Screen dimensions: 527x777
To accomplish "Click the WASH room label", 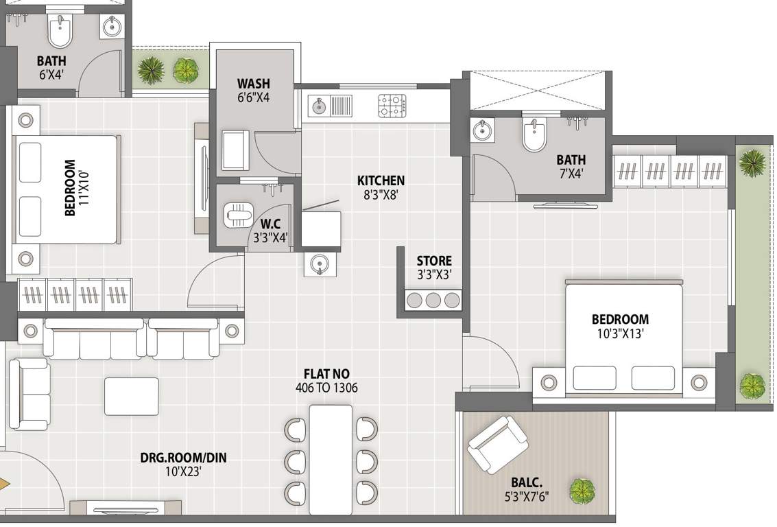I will click(x=254, y=84).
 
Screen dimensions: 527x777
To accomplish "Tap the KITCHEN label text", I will click(x=381, y=180).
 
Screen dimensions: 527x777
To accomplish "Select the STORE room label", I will click(x=434, y=261).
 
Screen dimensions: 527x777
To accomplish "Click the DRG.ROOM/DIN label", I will click(x=182, y=457).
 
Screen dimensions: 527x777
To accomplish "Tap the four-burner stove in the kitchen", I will click(x=393, y=106).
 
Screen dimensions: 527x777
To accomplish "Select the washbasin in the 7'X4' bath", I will click(x=483, y=130).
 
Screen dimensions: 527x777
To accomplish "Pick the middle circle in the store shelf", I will click(x=433, y=299).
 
